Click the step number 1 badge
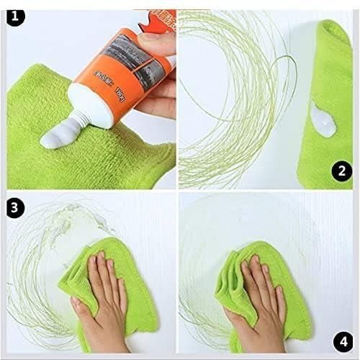coord(15,15)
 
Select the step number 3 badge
coord(15,207)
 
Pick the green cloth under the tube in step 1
coord(43,101)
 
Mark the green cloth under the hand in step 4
coord(238,252)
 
